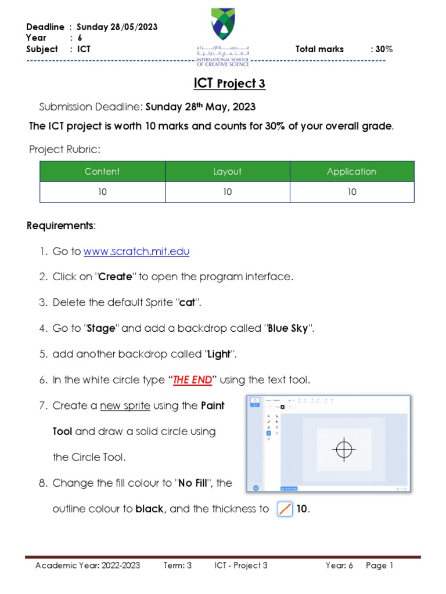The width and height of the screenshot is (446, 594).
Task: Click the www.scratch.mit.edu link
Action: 136,252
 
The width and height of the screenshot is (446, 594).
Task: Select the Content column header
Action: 102,171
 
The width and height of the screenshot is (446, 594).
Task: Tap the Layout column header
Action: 227,171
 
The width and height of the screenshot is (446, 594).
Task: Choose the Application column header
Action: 351,171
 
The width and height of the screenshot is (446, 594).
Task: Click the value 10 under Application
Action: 352,192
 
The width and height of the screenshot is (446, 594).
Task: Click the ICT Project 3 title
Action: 229,84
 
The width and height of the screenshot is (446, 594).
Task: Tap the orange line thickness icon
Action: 285,509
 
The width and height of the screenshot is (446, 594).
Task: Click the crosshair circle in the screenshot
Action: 344,448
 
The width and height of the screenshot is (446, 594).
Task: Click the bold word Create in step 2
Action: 116,277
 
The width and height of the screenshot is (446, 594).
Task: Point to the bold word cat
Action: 186,303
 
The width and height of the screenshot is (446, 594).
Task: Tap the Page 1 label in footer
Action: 379,566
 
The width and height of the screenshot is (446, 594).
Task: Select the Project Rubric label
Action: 64,150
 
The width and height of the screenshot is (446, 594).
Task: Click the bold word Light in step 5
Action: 218,354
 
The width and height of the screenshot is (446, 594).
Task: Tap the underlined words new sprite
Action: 125,406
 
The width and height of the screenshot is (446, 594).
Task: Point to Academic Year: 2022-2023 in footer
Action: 88,566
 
